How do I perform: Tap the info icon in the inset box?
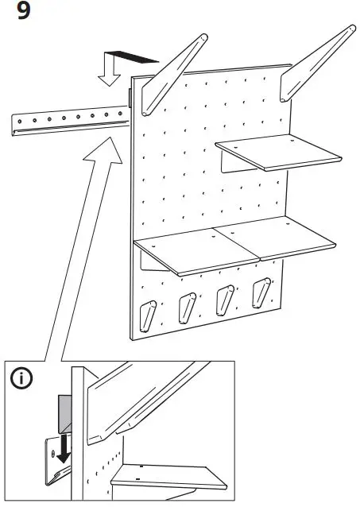[22, 380]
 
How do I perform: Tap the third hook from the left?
[223, 299]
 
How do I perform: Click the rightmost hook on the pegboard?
[260, 291]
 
